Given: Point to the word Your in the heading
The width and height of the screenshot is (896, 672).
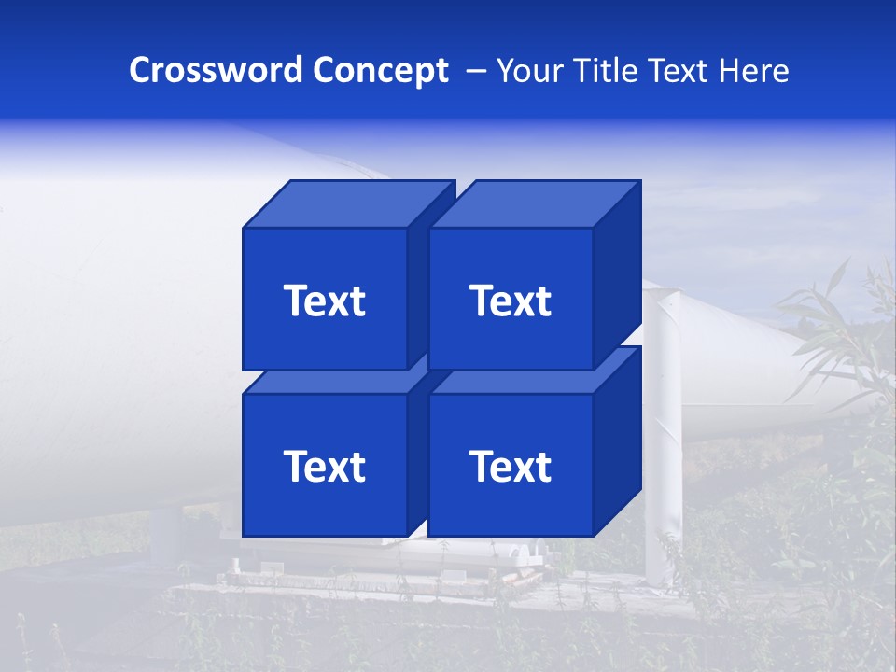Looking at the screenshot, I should click(529, 71).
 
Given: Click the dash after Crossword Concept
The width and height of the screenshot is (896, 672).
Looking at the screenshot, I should click(474, 71).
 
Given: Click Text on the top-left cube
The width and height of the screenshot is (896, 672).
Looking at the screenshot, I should click(325, 301).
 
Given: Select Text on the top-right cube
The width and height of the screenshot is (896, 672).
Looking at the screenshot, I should click(511, 301).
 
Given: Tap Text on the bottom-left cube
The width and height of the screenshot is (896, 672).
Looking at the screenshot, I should click(325, 466).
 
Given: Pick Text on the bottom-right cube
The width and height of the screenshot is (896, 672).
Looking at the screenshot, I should click(511, 466).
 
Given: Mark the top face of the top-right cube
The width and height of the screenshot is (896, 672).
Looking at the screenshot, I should click(535, 204).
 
